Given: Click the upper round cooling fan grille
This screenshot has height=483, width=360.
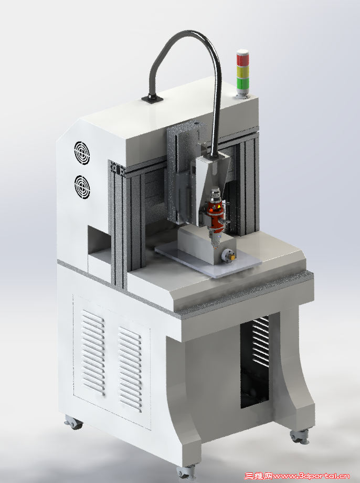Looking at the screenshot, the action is pyautogui.click(x=82, y=153).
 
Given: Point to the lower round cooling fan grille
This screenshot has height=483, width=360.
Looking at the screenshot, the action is pyautogui.click(x=82, y=187).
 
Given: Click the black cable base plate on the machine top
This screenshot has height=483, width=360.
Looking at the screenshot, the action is pyautogui.click(x=152, y=99).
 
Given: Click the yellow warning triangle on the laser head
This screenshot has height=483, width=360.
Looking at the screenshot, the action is pyautogui.click(x=219, y=206).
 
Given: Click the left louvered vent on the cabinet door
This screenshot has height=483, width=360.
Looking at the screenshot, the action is pyautogui.click(x=93, y=353).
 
